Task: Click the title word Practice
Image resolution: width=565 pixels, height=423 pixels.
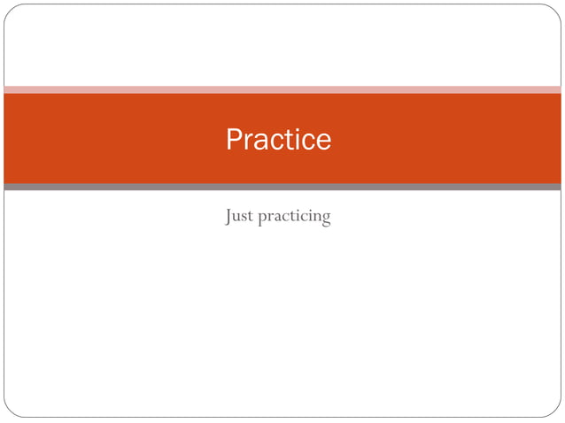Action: pyautogui.click(x=278, y=140)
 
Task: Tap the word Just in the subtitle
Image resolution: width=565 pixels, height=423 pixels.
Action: pyautogui.click(x=239, y=215)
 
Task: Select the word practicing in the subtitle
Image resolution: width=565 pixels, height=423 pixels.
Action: pyautogui.click(x=294, y=217)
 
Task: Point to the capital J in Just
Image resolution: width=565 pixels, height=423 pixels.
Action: pyautogui.click(x=229, y=215)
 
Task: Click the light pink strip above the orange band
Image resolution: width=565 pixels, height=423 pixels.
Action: pyautogui.click(x=282, y=89)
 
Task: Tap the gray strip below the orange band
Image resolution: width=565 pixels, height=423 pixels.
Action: pyautogui.click(x=282, y=187)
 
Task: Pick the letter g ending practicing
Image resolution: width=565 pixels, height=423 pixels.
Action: pyautogui.click(x=326, y=219)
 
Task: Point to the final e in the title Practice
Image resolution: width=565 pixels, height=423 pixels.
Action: pyautogui.click(x=323, y=142)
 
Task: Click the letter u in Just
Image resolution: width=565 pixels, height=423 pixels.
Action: pyautogui.click(x=238, y=217)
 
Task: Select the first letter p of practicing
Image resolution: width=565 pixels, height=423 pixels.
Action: pyautogui.click(x=262, y=219)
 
